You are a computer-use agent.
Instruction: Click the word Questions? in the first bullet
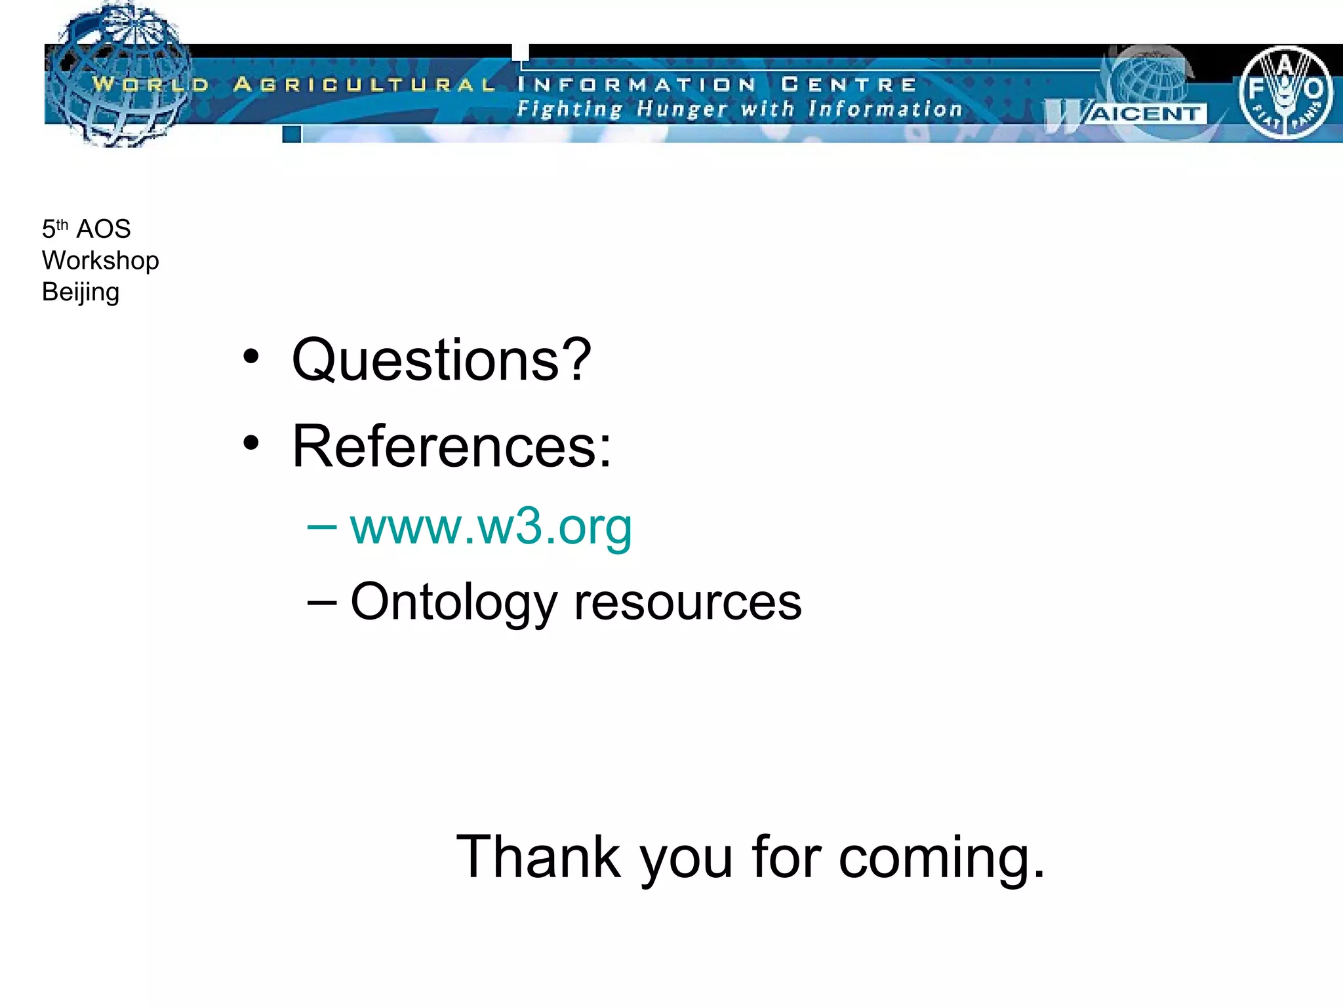(441, 360)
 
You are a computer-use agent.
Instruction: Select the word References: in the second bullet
(451, 446)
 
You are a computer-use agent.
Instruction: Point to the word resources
(687, 602)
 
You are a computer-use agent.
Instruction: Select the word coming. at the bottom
(942, 858)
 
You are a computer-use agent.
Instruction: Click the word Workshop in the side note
(100, 260)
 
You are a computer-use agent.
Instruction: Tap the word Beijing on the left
(81, 292)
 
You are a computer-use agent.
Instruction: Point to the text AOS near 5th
(104, 229)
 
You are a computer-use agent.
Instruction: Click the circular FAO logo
(1285, 92)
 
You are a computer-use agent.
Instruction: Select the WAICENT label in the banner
(1144, 113)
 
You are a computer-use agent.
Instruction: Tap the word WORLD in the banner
(150, 84)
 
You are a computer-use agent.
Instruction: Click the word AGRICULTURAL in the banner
(364, 84)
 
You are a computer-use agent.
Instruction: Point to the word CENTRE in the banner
(849, 84)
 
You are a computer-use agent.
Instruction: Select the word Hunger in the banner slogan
(682, 109)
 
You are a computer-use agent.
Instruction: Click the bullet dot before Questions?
(251, 357)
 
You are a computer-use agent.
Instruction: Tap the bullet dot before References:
(251, 443)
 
